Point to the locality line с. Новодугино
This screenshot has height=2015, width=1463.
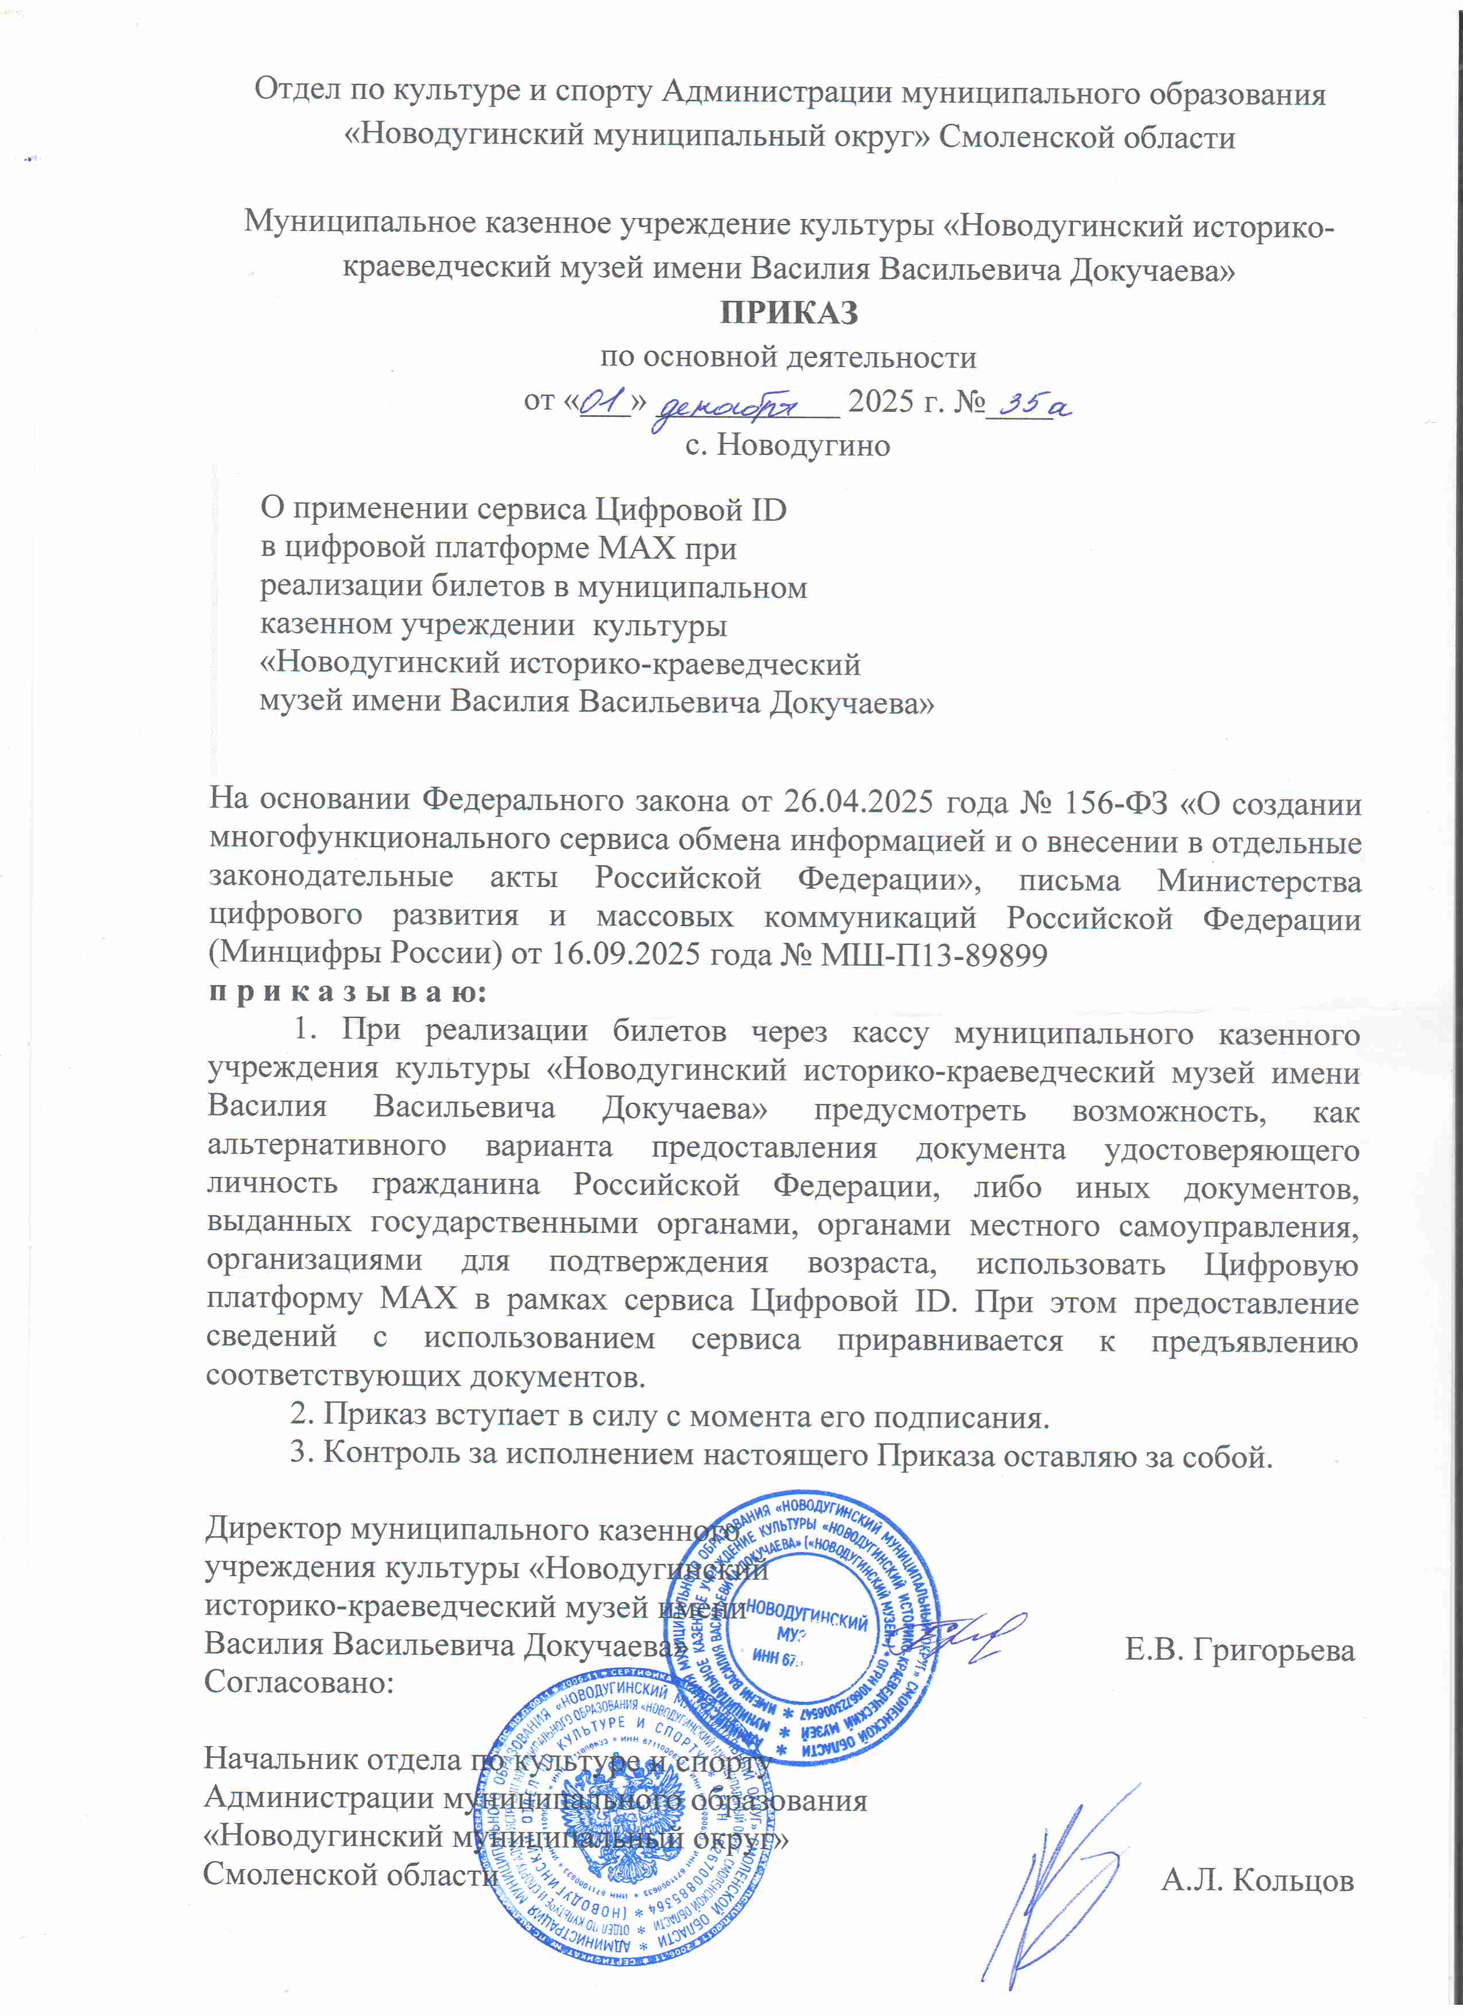point(787,444)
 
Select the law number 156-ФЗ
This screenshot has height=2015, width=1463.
point(1110,802)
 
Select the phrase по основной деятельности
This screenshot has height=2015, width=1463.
point(788,357)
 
